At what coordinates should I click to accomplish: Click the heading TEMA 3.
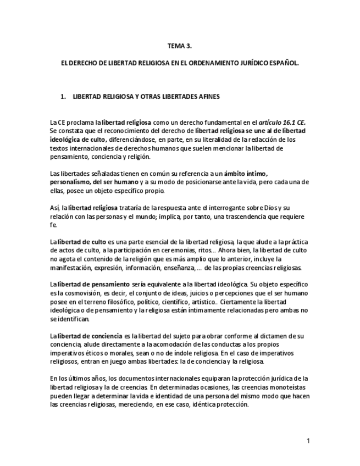[x=180, y=46]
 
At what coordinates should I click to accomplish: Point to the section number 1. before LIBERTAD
[x=63, y=96]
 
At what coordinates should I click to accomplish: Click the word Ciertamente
[x=239, y=302]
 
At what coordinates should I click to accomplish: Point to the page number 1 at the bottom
[x=308, y=441]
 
